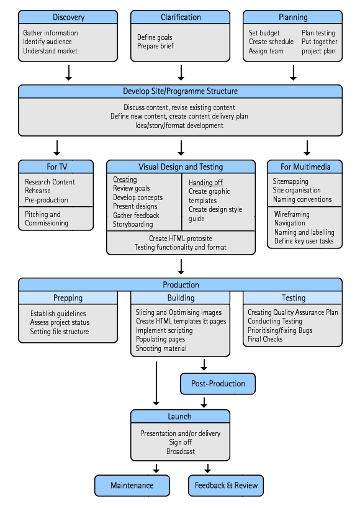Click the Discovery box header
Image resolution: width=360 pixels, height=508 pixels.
pyautogui.click(x=68, y=17)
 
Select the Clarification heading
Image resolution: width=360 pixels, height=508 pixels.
pyautogui.click(x=181, y=17)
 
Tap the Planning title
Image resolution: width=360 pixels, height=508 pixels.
pyautogui.click(x=293, y=17)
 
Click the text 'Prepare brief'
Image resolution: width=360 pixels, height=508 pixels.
pyautogui.click(x=155, y=46)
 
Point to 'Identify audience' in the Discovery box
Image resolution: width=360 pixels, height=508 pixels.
pyautogui.click(x=47, y=42)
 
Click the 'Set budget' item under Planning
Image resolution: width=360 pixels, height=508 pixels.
pyautogui.click(x=264, y=33)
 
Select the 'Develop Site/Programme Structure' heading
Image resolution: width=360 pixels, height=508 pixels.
pyautogui.click(x=181, y=91)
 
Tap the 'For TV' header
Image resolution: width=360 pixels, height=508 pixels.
pyautogui.click(x=56, y=166)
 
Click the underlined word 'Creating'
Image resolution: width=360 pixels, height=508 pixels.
pyautogui.click(x=125, y=179)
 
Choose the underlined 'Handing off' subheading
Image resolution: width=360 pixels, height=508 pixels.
pyautogui.click(x=206, y=183)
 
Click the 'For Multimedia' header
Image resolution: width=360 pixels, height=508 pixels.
pyautogui.click(x=305, y=166)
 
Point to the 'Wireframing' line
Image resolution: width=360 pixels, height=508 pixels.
pyautogui.click(x=292, y=214)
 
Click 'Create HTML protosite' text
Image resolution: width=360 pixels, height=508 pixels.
pyautogui.click(x=181, y=238)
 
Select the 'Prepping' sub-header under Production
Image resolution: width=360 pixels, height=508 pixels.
pyautogui.click(x=68, y=297)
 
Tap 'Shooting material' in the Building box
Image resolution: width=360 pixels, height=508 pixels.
pyautogui.click(x=161, y=348)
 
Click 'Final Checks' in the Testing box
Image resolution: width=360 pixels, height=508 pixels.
pyautogui.click(x=265, y=339)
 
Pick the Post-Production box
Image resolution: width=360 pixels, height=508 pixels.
pyautogui.click(x=218, y=384)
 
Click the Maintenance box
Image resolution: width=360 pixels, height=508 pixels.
pyautogui.click(x=132, y=485)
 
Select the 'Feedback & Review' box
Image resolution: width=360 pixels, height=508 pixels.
pyautogui.click(x=226, y=485)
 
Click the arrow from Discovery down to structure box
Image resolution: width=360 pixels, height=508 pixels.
pyautogui.click(x=68, y=73)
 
